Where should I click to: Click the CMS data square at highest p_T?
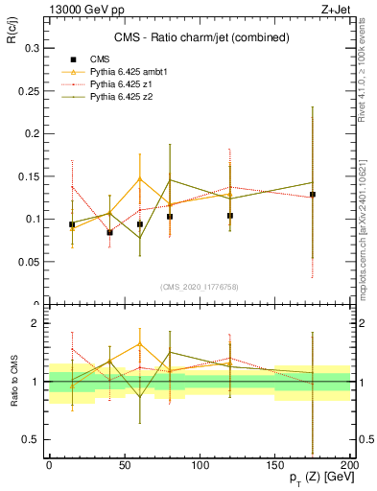[312, 195]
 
